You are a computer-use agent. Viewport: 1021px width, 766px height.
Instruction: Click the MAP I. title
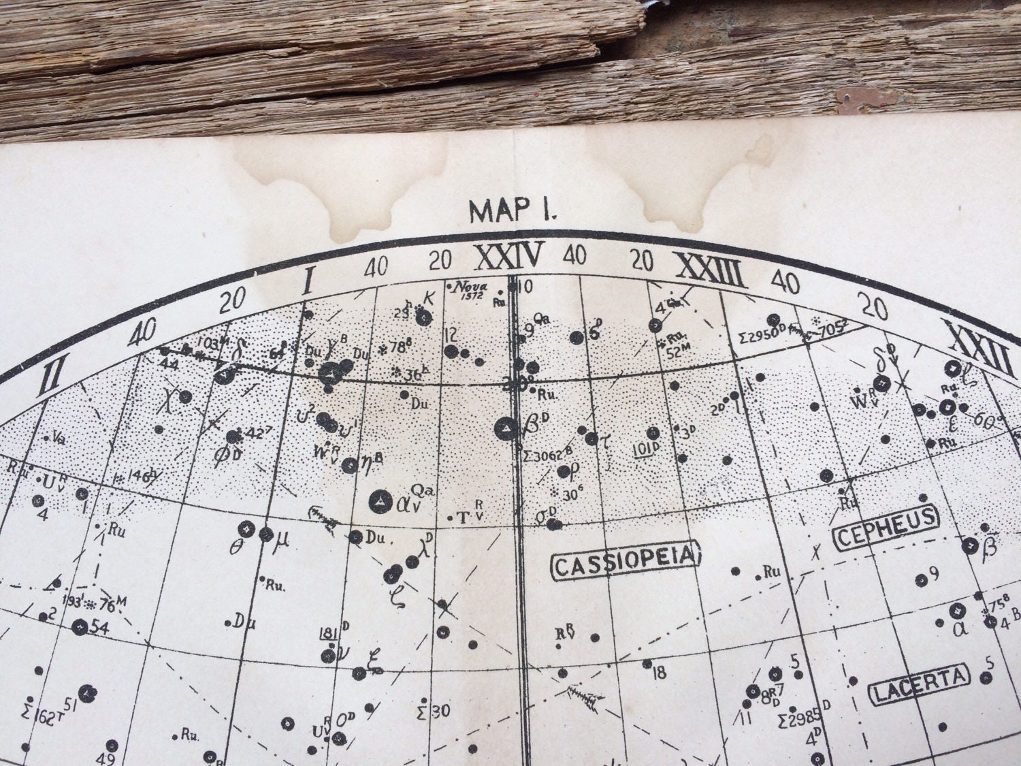point(513,210)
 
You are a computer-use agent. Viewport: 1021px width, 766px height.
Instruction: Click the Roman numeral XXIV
point(509,257)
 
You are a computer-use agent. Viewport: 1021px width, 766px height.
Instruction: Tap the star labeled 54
point(81,626)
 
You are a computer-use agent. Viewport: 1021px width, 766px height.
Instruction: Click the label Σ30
point(432,712)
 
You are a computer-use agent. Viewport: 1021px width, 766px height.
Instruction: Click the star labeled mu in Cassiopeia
point(266,534)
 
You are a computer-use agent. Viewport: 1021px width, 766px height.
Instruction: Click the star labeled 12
point(451,351)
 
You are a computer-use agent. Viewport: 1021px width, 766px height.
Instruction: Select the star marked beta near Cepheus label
point(969,545)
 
